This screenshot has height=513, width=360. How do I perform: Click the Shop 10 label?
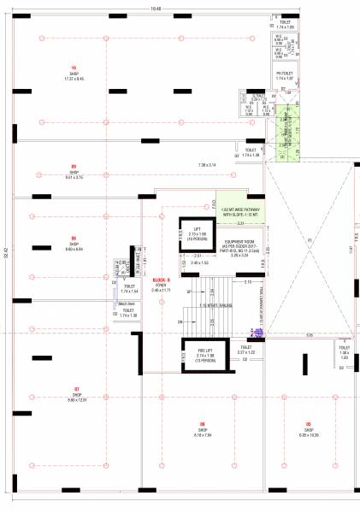click(74, 70)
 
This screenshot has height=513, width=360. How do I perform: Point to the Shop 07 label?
click(76, 392)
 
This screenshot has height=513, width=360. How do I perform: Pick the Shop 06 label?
click(74, 241)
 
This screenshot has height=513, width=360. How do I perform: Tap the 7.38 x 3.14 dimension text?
click(209, 165)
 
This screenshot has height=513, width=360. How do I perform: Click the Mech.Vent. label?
click(126, 304)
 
